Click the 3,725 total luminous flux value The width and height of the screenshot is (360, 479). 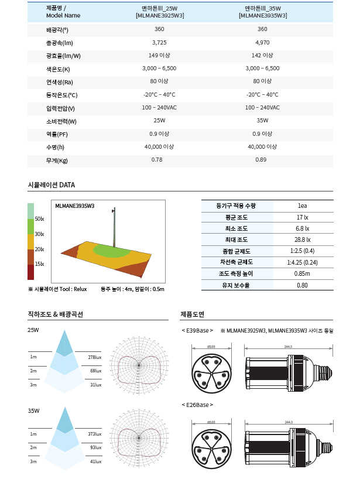pos(159,43)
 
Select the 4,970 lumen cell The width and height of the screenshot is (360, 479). pos(263,43)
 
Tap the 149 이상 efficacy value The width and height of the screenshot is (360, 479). pos(159,56)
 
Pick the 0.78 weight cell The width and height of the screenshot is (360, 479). pos(157,160)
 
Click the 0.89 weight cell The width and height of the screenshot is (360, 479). pos(260,160)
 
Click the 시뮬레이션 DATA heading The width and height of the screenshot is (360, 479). pos(52,185)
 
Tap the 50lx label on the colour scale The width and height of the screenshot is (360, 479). pos(40,219)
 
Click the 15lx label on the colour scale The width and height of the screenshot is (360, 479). pos(40,264)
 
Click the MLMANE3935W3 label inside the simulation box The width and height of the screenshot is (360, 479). pos(74,206)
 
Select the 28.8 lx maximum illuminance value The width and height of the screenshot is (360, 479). pos(302,239)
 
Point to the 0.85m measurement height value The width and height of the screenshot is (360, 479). pos(302,273)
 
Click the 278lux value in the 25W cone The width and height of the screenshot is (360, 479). pos(95,357)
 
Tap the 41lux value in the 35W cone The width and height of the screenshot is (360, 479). pos(96,462)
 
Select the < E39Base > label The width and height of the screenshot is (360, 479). pos(197,331)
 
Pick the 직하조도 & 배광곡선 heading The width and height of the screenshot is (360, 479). pos(55,314)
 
